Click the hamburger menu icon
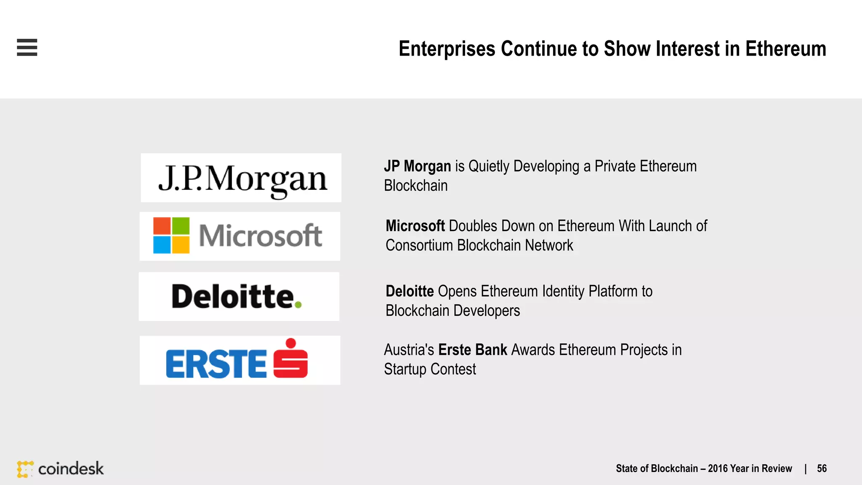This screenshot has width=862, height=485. [27, 47]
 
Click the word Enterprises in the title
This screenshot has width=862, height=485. [447, 49]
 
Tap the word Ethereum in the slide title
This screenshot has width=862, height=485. [785, 49]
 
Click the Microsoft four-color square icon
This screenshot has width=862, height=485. [171, 235]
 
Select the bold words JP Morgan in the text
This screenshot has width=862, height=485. [417, 166]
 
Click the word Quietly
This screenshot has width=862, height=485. [489, 166]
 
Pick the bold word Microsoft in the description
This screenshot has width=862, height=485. [415, 226]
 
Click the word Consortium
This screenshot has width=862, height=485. [419, 245]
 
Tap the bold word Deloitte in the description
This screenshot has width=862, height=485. [410, 291]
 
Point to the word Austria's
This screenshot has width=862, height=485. [409, 350]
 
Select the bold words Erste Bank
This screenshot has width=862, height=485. [473, 350]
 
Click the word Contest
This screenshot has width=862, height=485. [453, 369]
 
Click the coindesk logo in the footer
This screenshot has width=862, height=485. [61, 469]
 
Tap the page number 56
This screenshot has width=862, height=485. [822, 469]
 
